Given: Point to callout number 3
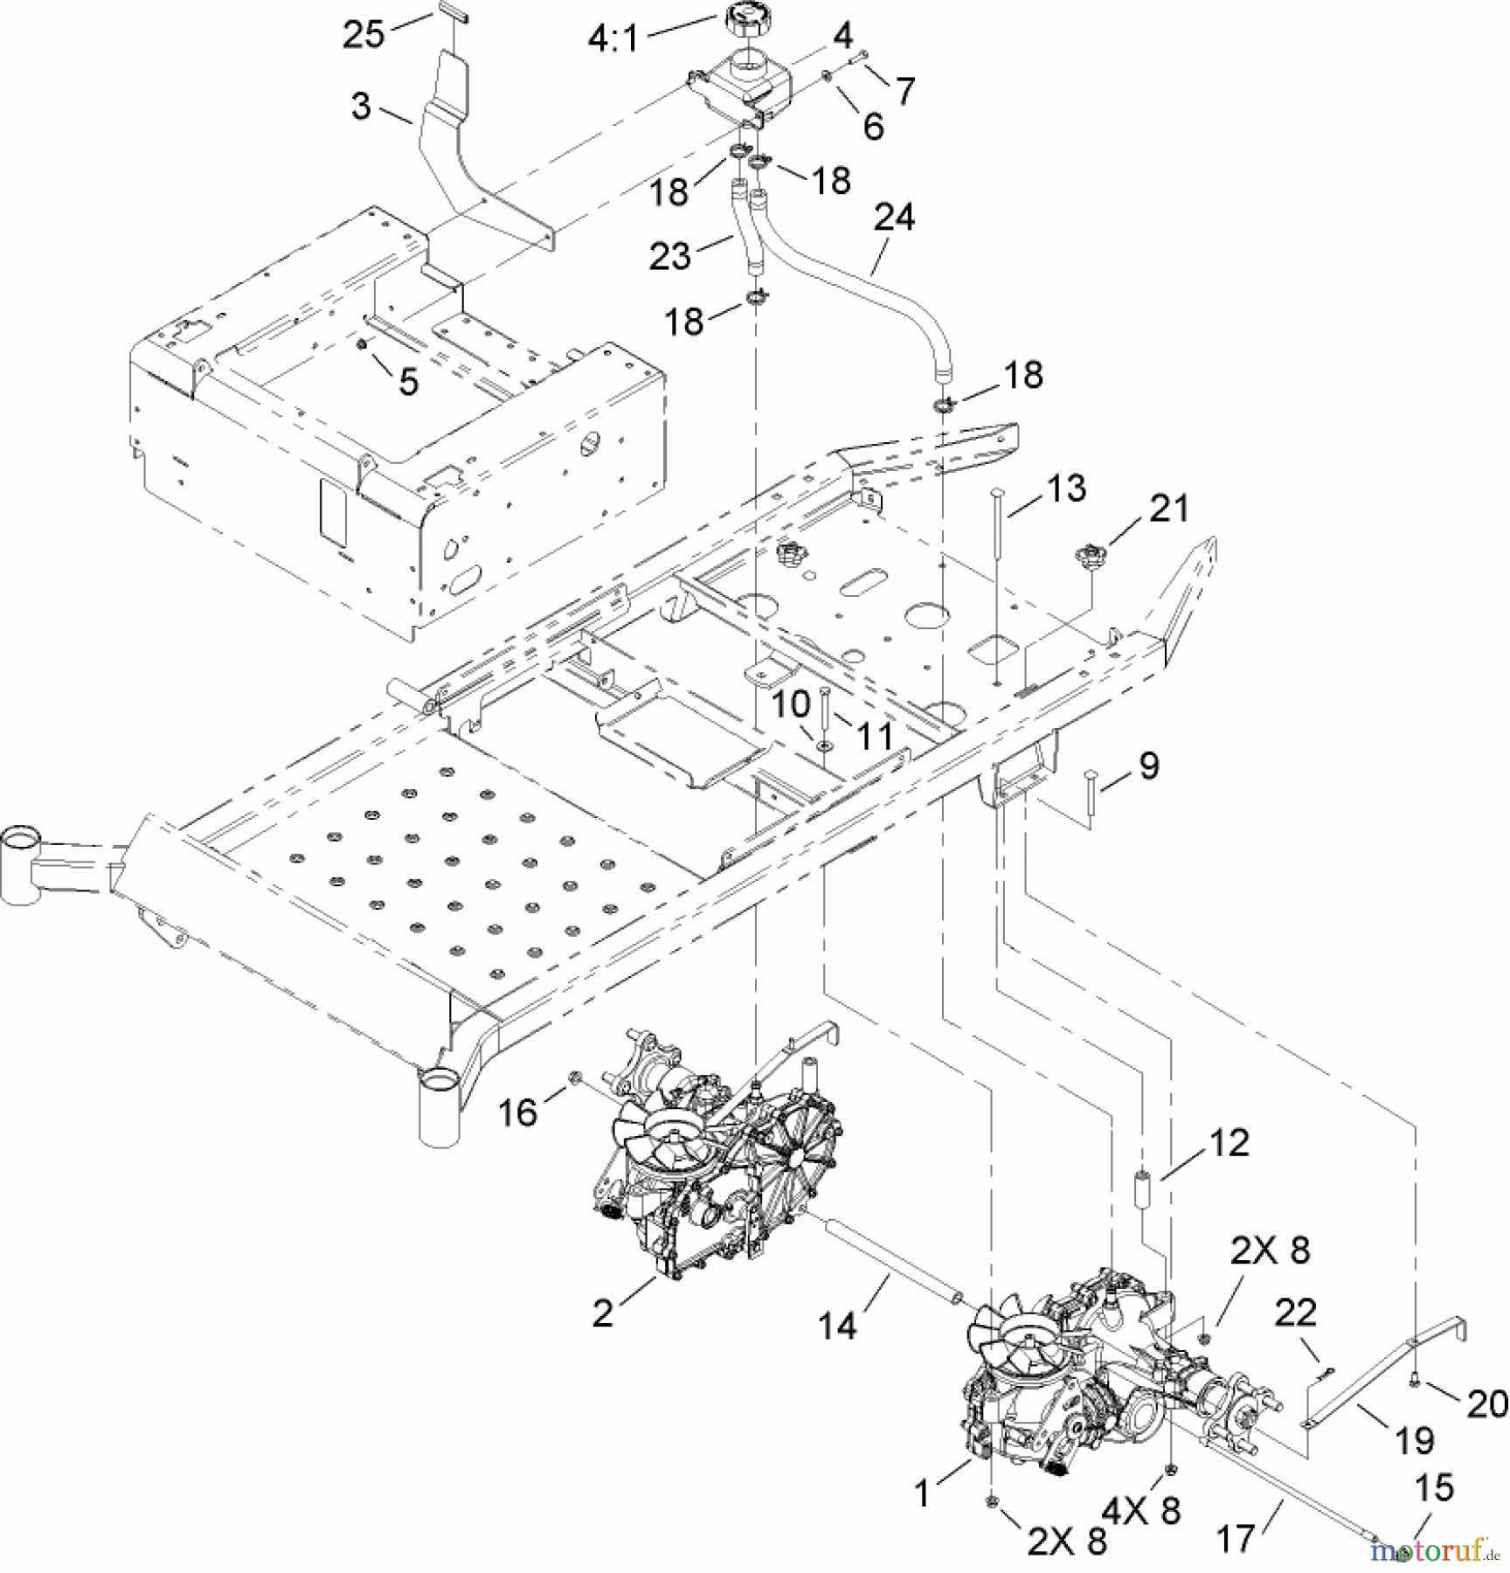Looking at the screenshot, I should point(361,107).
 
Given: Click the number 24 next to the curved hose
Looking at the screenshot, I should point(893,216).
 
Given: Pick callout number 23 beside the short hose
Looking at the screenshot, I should point(670,256).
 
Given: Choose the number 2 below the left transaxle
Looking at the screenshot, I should point(603,1314).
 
